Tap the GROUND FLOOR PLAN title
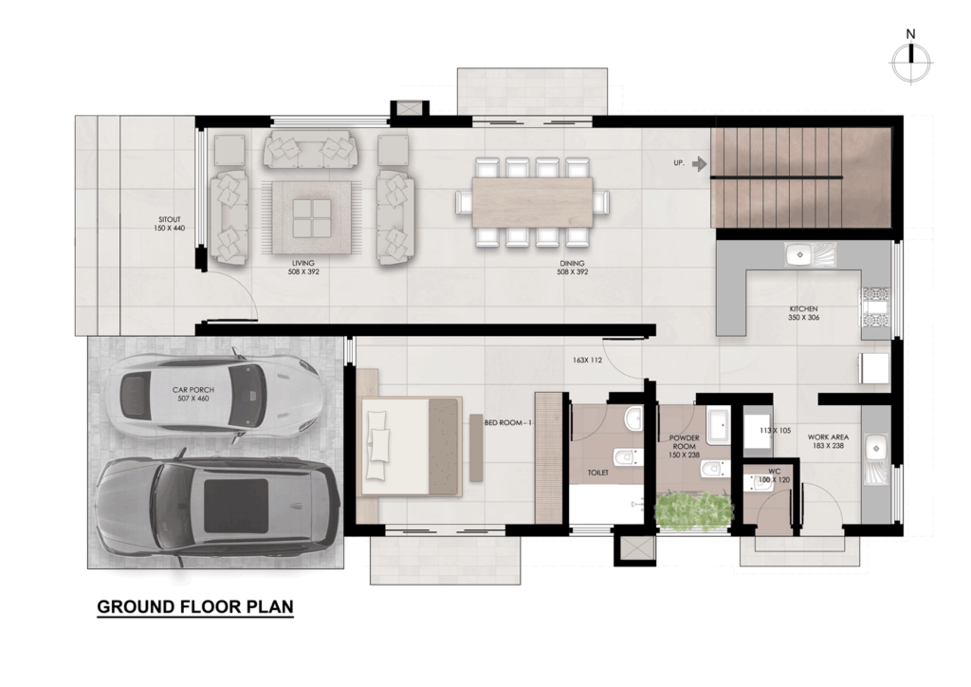tap(195, 606)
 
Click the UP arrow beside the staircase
tap(699, 163)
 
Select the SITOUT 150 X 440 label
tap(169, 224)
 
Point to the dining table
tap(533, 202)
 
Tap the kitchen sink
tap(810, 255)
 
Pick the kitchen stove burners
tap(873, 306)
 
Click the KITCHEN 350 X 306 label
tap(803, 313)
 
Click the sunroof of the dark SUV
tap(236, 505)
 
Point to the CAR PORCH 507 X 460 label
tap(193, 394)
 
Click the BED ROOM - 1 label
tap(508, 422)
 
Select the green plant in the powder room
tap(693, 511)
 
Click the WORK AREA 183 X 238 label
tap(828, 441)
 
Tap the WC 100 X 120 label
tap(774, 475)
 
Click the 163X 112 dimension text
tap(587, 360)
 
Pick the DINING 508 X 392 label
tap(572, 268)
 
